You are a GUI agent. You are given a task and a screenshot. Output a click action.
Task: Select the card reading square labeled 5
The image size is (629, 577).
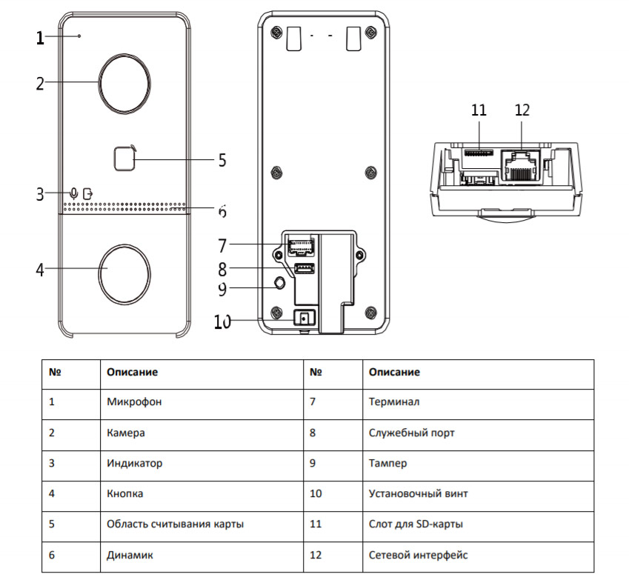[124, 158]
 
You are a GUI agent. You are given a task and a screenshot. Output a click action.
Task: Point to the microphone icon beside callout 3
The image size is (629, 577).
[73, 193]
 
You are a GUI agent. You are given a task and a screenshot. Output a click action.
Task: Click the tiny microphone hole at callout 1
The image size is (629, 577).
[80, 36]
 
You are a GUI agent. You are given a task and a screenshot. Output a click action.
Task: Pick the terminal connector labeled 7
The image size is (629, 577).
[300, 245]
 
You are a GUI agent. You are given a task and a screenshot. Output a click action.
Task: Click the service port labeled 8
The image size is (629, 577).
[303, 269]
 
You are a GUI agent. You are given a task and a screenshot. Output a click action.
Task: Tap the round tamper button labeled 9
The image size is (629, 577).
[279, 284]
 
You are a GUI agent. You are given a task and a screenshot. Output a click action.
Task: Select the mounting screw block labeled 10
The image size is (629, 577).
[303, 318]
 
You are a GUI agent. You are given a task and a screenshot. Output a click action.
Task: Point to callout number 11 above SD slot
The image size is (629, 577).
[479, 110]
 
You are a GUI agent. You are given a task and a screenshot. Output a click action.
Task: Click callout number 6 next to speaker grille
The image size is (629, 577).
[222, 212]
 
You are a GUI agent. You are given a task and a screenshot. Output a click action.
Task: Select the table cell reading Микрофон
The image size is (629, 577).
[134, 402]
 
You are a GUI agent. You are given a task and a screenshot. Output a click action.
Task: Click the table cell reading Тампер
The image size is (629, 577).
[387, 463]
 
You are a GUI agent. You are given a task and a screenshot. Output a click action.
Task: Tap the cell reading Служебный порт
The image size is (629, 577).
[411, 433]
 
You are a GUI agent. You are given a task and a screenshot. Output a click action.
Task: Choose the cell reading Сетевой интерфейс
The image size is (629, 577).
[417, 554]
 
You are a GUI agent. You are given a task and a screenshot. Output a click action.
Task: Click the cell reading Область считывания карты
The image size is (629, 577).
[175, 524]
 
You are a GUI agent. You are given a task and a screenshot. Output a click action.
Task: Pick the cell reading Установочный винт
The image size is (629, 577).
[418, 493]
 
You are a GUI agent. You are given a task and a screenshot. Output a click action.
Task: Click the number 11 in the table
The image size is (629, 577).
[316, 524]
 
